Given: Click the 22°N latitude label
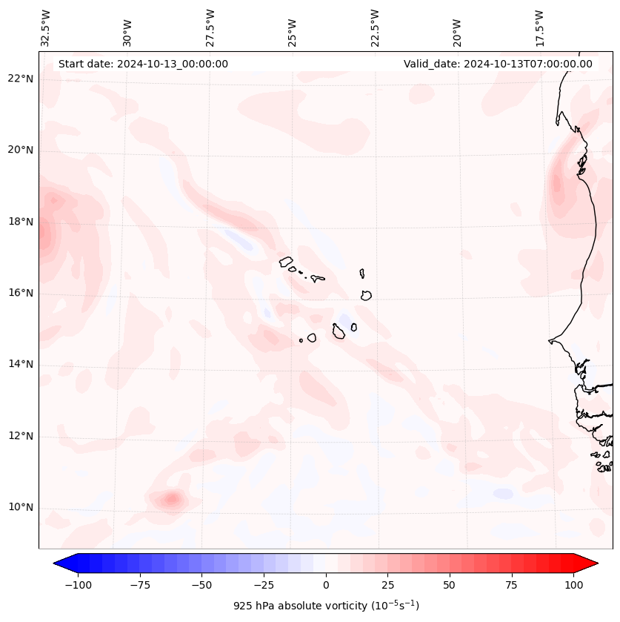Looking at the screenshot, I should (x=21, y=79).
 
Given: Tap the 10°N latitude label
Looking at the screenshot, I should (x=21, y=507).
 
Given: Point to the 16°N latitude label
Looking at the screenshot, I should (x=21, y=293).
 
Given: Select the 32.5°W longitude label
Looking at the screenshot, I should (x=46, y=28).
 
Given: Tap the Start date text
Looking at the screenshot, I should (x=143, y=64).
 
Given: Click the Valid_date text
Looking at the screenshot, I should (x=498, y=64).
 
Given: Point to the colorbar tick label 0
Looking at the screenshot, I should (x=325, y=585).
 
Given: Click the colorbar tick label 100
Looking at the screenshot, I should (x=574, y=585).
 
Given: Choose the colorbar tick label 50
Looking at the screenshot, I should (x=449, y=585).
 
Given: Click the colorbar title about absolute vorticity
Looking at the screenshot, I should (x=326, y=606).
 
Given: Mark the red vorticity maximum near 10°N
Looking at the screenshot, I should (x=172, y=500).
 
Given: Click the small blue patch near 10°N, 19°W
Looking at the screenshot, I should (x=503, y=494).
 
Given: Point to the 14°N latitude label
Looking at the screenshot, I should (x=21, y=364).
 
